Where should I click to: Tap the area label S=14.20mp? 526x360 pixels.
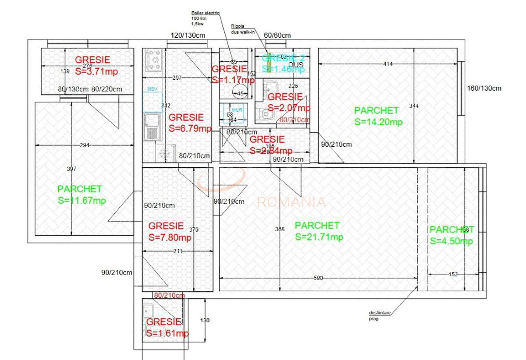coord(378,122)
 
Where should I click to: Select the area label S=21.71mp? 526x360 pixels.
coord(319,237)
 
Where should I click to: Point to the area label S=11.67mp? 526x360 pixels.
coord(82,200)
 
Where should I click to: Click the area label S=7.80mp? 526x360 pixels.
coord(170,237)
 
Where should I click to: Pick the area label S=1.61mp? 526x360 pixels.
coord(167,333)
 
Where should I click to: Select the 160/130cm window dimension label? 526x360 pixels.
coord(484,88)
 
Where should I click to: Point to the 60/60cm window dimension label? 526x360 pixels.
coord(277,35)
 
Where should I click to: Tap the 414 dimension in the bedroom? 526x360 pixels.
coord(387,64)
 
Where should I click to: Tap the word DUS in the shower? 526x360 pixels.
coord(296,64)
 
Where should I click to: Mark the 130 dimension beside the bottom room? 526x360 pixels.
coord(205,321)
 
